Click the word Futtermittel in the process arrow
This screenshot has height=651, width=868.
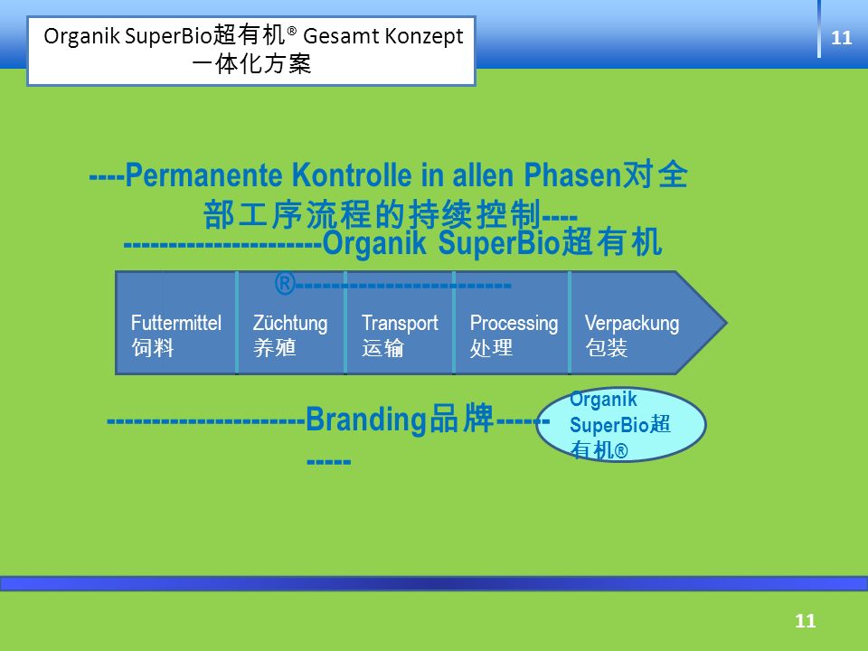(x=176, y=323)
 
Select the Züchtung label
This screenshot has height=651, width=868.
(x=290, y=324)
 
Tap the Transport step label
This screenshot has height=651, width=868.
(x=400, y=324)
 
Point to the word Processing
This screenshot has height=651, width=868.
(x=514, y=324)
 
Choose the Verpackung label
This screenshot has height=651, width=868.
(x=632, y=324)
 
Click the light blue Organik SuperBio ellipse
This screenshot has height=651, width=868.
(x=621, y=424)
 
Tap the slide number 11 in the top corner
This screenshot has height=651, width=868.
(x=842, y=38)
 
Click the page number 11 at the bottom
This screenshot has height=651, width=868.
(x=806, y=620)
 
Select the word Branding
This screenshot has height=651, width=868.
(x=366, y=420)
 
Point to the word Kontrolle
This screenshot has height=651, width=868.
(x=352, y=175)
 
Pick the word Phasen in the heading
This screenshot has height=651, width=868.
(x=572, y=175)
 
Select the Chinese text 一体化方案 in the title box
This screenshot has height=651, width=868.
(x=251, y=63)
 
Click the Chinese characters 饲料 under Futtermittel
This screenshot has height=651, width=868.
(x=153, y=348)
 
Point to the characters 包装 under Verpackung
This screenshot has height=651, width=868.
(x=606, y=348)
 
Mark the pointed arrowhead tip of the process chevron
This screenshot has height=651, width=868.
(x=726, y=323)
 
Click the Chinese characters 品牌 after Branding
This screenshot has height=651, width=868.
(x=461, y=419)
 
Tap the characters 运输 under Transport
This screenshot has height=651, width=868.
(x=383, y=348)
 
